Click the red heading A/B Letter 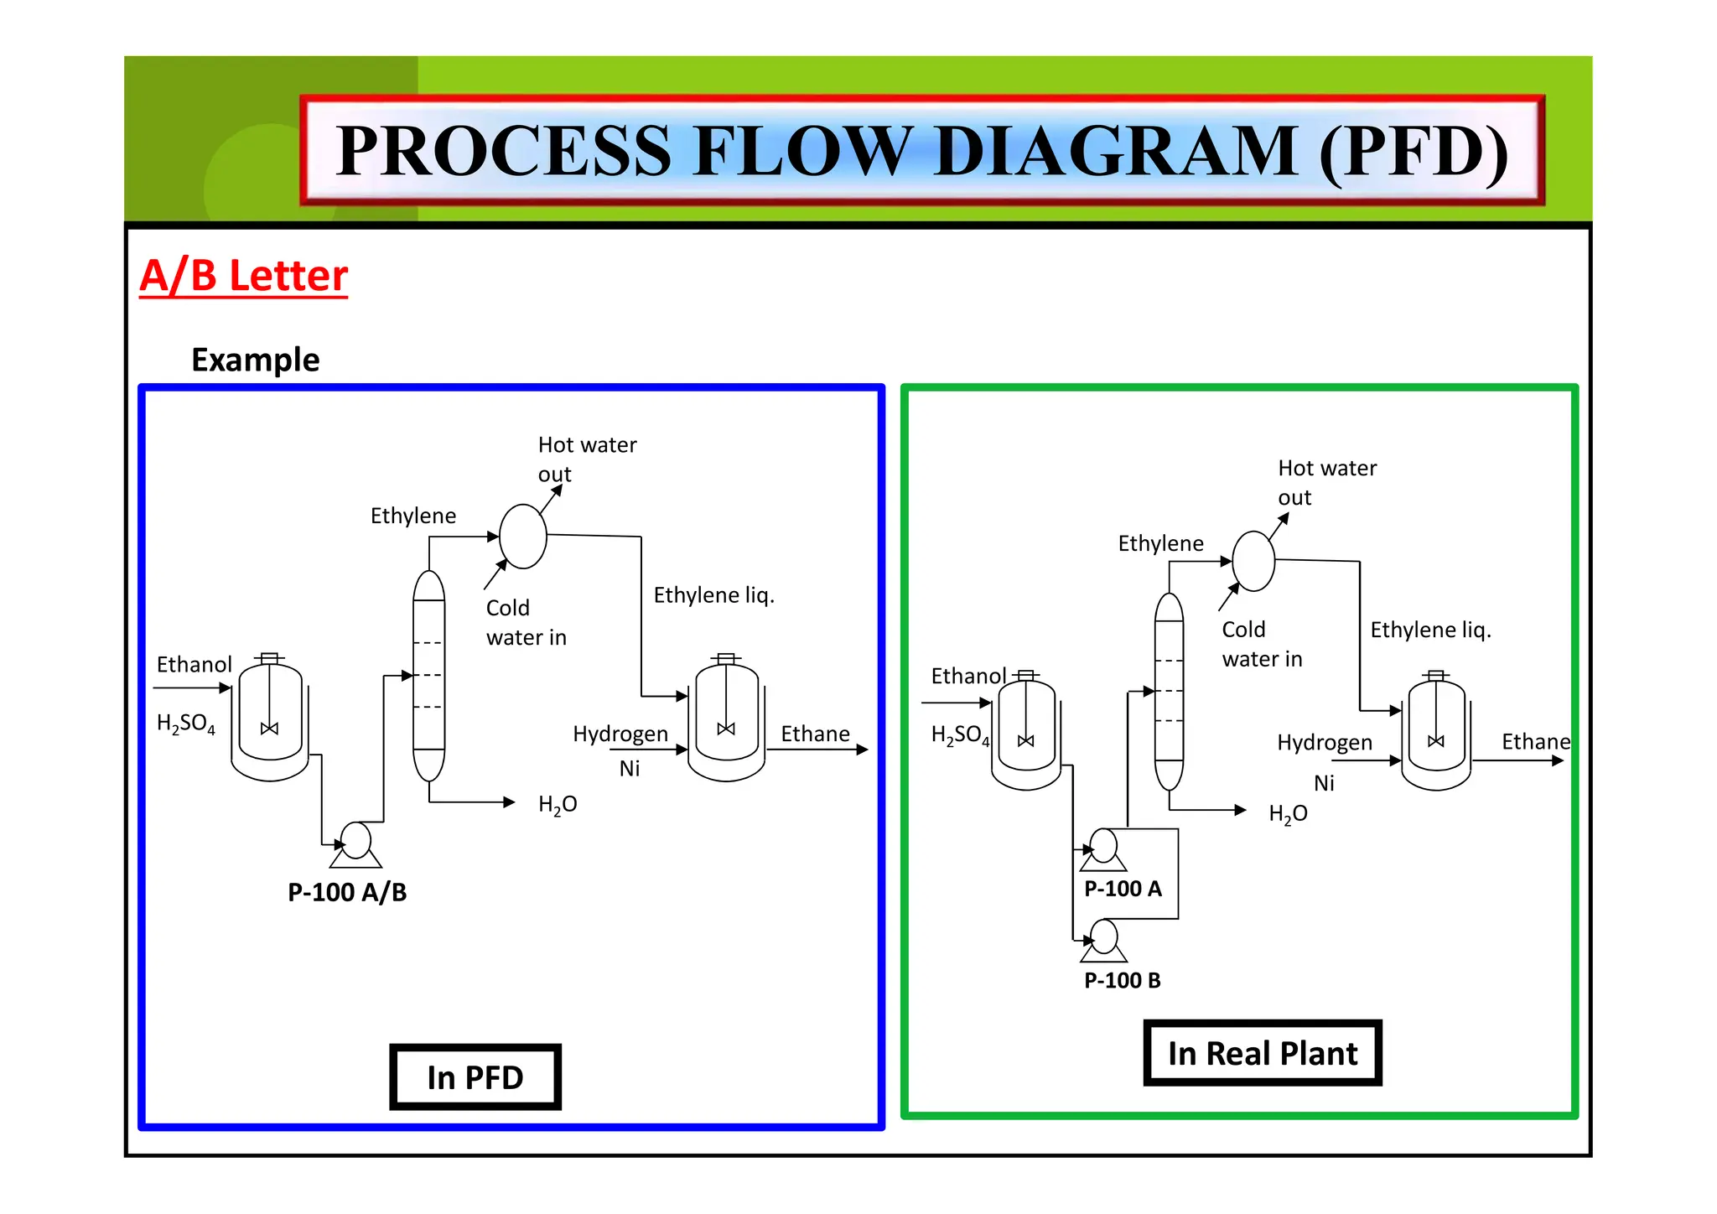pyautogui.click(x=243, y=275)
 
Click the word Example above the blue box pyautogui.click(x=255, y=360)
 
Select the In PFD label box pyautogui.click(x=475, y=1077)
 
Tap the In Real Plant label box pyautogui.click(x=1262, y=1053)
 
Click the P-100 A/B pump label pyautogui.click(x=347, y=892)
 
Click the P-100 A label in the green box pyautogui.click(x=1123, y=889)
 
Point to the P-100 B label pyautogui.click(x=1122, y=980)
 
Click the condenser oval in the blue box pyautogui.click(x=523, y=537)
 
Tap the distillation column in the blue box pyautogui.click(x=428, y=675)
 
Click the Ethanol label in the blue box pyautogui.click(x=194, y=665)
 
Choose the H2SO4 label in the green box pyautogui.click(x=960, y=735)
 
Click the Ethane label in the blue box pyautogui.click(x=815, y=734)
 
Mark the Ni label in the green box pyautogui.click(x=1324, y=783)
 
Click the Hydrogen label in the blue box pyautogui.click(x=620, y=734)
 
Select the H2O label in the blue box pyautogui.click(x=558, y=805)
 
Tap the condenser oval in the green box pyautogui.click(x=1253, y=561)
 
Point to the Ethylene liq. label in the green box pyautogui.click(x=1430, y=630)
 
